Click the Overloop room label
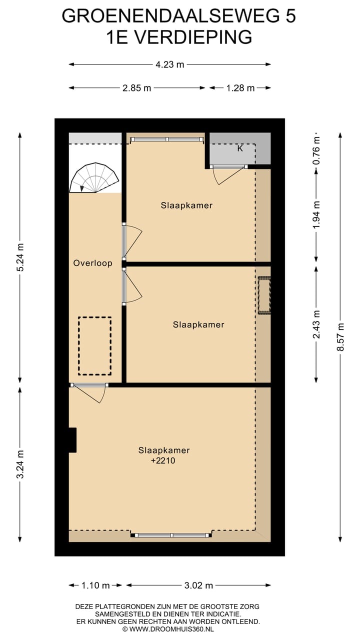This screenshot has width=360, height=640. [x=92, y=263]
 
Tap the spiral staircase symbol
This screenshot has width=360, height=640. [x=94, y=177]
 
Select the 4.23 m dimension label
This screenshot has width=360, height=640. [x=169, y=64]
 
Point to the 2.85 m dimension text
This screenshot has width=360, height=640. [x=136, y=88]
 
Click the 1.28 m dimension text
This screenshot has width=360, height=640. [x=240, y=88]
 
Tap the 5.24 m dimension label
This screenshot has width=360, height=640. [x=20, y=257]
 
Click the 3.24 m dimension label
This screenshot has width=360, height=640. [x=20, y=464]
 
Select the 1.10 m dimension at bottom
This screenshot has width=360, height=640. [x=95, y=585]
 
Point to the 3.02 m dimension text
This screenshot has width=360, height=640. [x=198, y=585]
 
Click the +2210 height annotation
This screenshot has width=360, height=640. [x=163, y=460]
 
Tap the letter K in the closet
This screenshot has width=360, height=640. [x=240, y=148]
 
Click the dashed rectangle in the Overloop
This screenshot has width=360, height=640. [x=95, y=345]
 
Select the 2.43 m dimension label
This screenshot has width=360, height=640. [x=316, y=324]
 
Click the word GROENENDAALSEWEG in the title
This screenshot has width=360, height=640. [x=170, y=15]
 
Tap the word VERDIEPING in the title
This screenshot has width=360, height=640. [x=193, y=37]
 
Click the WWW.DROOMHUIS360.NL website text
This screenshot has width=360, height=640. [x=171, y=629]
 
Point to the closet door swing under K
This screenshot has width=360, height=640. [x=228, y=175]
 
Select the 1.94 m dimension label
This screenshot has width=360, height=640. [x=316, y=215]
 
